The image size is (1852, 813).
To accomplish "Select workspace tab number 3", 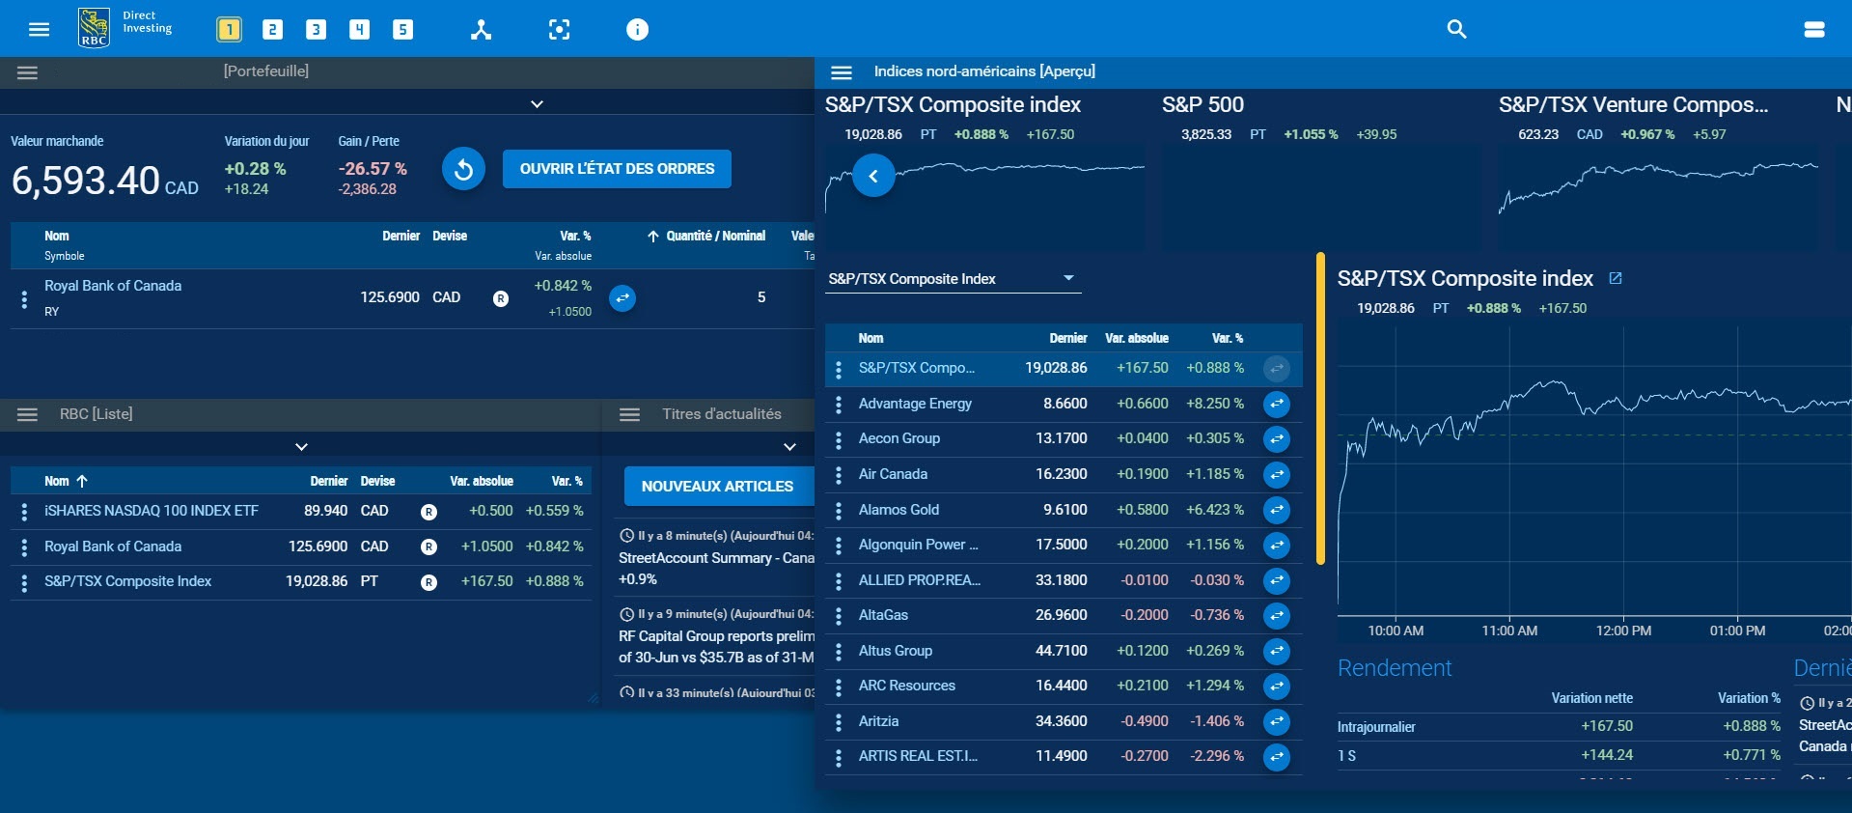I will point(316,30).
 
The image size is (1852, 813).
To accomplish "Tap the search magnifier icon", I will point(1456,29).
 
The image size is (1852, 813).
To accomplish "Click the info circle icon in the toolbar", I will point(637,30).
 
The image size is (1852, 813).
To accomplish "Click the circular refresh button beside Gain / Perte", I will point(463,170).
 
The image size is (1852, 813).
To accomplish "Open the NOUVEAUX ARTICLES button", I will point(717,487).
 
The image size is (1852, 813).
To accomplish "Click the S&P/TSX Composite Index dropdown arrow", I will point(1068,278).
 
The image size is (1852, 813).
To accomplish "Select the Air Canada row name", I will point(893,474).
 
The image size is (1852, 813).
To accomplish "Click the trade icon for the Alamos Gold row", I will point(1276,510).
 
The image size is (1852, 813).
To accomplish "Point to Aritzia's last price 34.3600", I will point(1061,721).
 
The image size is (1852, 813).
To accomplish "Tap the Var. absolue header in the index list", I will point(1136,338).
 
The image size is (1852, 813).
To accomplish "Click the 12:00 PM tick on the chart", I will point(1623,631).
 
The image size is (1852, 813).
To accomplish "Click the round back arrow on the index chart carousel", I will point(873,176).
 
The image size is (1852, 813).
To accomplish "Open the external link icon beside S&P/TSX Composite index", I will point(1616,278).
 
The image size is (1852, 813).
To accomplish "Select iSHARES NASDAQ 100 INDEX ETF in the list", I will point(152,511).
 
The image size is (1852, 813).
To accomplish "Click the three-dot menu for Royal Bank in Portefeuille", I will point(24,299).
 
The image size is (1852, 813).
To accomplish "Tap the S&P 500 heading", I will point(1202,104).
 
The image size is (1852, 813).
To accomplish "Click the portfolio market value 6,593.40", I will point(86,181).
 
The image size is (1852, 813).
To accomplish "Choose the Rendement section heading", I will point(1395,668).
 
